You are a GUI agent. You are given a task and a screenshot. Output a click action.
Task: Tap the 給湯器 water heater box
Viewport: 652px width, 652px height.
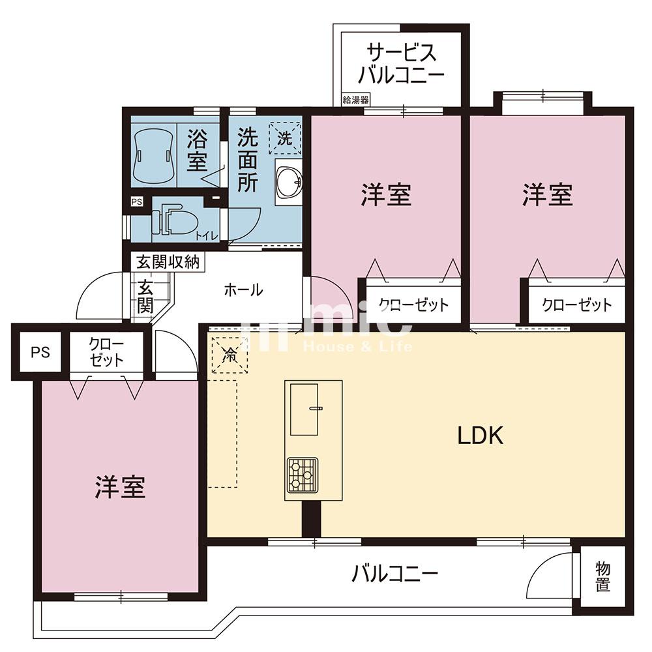[355, 100]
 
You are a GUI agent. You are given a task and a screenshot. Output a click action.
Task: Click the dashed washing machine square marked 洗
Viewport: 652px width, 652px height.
[285, 137]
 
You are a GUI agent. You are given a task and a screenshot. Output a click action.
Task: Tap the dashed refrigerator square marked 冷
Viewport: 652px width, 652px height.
[230, 355]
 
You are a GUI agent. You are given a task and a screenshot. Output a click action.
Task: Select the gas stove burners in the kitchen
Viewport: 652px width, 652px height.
[302, 475]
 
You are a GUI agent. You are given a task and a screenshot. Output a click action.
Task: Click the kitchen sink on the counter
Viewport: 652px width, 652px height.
[304, 409]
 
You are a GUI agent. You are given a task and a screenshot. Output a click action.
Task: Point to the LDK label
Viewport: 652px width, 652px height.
[481, 436]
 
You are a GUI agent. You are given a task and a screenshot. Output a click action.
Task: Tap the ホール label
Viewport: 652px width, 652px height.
[243, 290]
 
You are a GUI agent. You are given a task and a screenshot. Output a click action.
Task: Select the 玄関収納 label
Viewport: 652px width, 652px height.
[168, 262]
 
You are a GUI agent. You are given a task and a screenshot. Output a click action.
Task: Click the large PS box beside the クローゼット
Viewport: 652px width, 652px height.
[40, 353]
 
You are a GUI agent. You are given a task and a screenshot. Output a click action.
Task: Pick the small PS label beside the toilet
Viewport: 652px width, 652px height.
[137, 202]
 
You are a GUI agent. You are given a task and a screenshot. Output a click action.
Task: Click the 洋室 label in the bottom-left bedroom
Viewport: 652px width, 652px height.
[120, 487]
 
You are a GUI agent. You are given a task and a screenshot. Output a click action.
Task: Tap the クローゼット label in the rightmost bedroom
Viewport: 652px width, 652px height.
[577, 305]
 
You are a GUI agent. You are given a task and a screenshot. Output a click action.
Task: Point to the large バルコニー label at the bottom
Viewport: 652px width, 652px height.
[394, 574]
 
